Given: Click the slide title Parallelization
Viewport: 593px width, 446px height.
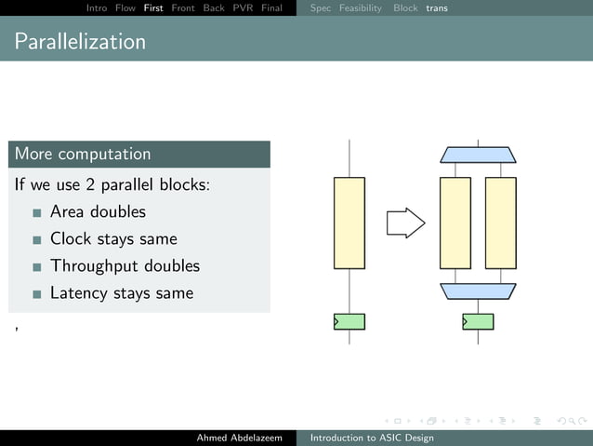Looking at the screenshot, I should click(x=80, y=42).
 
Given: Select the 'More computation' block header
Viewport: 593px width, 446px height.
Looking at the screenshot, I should click(x=83, y=154).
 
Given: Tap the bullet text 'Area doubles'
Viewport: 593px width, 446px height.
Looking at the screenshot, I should click(x=98, y=211).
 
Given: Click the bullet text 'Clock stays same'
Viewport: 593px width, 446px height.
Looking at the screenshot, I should click(x=113, y=238).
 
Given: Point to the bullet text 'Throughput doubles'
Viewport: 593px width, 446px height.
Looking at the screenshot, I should click(x=125, y=265).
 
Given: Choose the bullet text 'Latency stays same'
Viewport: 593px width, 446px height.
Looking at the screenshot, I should click(x=122, y=292).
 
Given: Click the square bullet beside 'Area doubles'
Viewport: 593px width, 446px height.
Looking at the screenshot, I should click(x=37, y=212).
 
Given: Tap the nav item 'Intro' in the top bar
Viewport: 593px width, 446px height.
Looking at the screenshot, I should click(x=96, y=7).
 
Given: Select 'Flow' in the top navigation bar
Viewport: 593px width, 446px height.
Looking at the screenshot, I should click(x=125, y=7).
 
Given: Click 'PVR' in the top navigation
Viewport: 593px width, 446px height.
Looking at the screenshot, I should click(x=243, y=7).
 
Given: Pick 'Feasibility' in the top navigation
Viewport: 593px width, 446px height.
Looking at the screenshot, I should click(x=360, y=7).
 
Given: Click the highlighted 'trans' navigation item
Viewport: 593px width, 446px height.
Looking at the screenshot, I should click(x=436, y=7).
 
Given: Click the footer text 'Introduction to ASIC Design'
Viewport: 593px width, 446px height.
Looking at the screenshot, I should click(x=372, y=438).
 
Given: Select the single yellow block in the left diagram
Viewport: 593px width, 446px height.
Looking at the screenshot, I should click(x=349, y=223).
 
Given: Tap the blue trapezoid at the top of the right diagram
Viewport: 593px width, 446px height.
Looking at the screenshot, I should click(x=478, y=155).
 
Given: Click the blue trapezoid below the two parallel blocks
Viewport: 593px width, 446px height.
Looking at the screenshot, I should click(x=478, y=291).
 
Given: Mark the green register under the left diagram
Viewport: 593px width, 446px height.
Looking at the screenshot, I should click(x=349, y=321).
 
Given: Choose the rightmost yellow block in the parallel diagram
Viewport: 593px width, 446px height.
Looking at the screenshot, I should click(x=500, y=223).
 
